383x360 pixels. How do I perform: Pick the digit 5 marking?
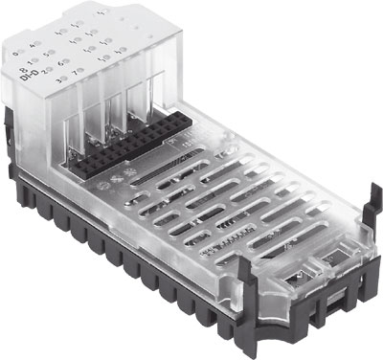[44, 54]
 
